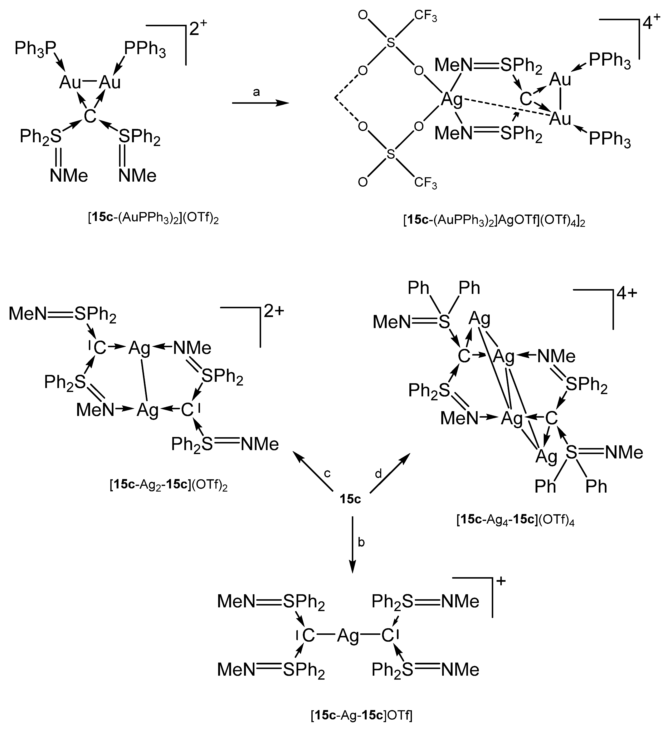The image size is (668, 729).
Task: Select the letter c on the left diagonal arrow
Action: click(327, 473)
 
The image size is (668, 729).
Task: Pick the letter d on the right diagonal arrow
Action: click(378, 473)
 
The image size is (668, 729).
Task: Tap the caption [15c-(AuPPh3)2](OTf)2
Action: click(153, 219)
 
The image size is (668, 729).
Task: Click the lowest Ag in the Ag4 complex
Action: click(546, 456)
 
